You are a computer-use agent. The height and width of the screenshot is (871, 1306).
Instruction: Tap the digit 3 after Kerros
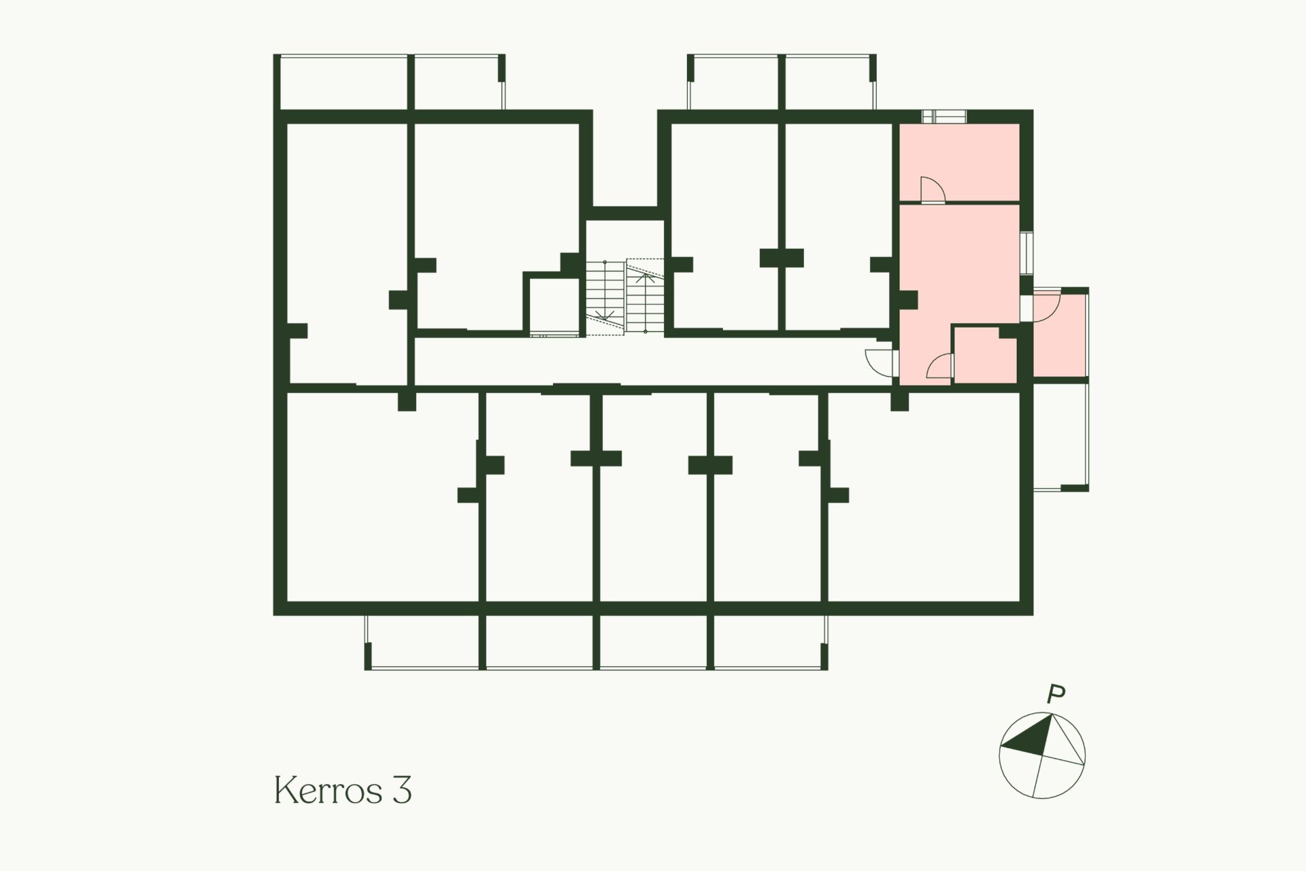pyautogui.click(x=401, y=790)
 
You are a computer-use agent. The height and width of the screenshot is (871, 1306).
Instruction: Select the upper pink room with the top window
pyautogui.click(x=960, y=162)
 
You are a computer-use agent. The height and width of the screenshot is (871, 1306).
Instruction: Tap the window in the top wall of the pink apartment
pyautogui.click(x=944, y=116)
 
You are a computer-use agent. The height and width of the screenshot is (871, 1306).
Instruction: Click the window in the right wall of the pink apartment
pyautogui.click(x=1026, y=253)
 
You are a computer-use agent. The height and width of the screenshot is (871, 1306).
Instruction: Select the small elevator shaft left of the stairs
pyautogui.click(x=553, y=305)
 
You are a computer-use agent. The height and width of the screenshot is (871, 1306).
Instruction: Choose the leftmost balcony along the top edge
pyautogui.click(x=344, y=82)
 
